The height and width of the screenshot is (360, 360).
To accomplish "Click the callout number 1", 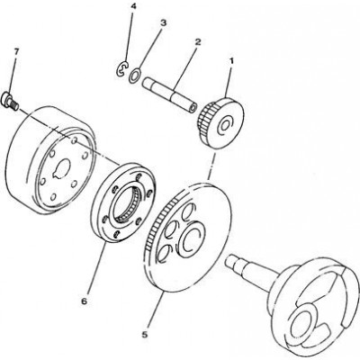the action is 231,61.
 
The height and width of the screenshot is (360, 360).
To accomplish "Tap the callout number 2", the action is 197,41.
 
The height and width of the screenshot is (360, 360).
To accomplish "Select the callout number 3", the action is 163,23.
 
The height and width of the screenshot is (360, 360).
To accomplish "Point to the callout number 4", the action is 133,6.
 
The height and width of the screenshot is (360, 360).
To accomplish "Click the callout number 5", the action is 145,335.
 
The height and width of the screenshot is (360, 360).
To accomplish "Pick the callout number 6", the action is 85,301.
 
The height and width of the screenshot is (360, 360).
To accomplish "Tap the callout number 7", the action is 16,51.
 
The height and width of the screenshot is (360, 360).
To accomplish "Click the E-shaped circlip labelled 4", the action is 122,68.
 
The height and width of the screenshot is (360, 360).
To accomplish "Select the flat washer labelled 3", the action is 135,76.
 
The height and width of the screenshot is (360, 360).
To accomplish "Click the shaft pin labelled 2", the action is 170,95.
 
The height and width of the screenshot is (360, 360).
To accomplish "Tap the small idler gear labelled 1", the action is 221,123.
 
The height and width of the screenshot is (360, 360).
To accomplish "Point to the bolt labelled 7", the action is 10,101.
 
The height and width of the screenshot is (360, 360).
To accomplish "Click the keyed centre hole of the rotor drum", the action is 62,169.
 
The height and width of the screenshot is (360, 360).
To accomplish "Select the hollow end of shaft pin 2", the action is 193,108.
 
